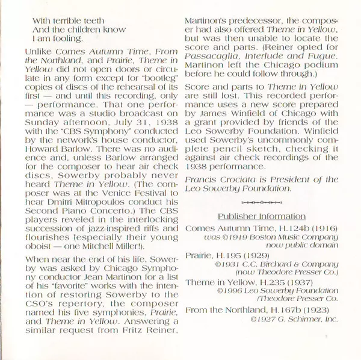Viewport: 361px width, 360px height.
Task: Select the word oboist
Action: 41,251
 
